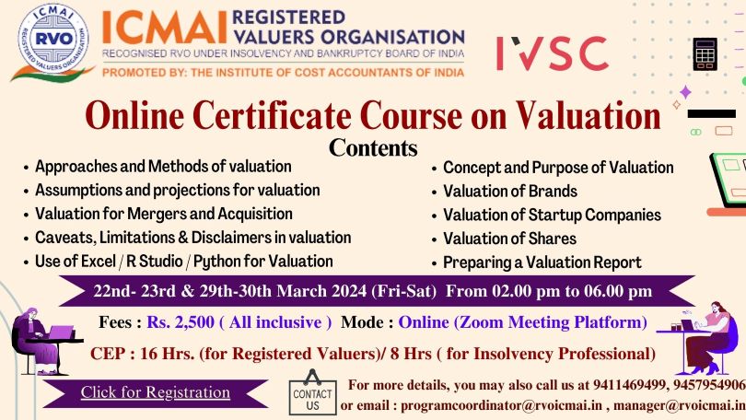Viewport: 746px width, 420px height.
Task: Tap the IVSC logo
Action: (x=552, y=53)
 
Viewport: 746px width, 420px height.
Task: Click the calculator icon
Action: (x=705, y=54)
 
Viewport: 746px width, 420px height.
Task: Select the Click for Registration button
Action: (x=155, y=392)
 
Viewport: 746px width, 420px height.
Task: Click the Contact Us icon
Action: (x=312, y=392)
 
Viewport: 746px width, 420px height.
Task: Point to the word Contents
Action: (x=373, y=147)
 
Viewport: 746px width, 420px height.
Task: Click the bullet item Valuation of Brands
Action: (x=510, y=192)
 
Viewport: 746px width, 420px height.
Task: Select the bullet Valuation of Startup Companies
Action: (x=552, y=215)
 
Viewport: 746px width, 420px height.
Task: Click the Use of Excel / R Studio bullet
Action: (x=184, y=262)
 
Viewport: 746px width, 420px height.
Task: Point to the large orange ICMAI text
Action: (x=164, y=28)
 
